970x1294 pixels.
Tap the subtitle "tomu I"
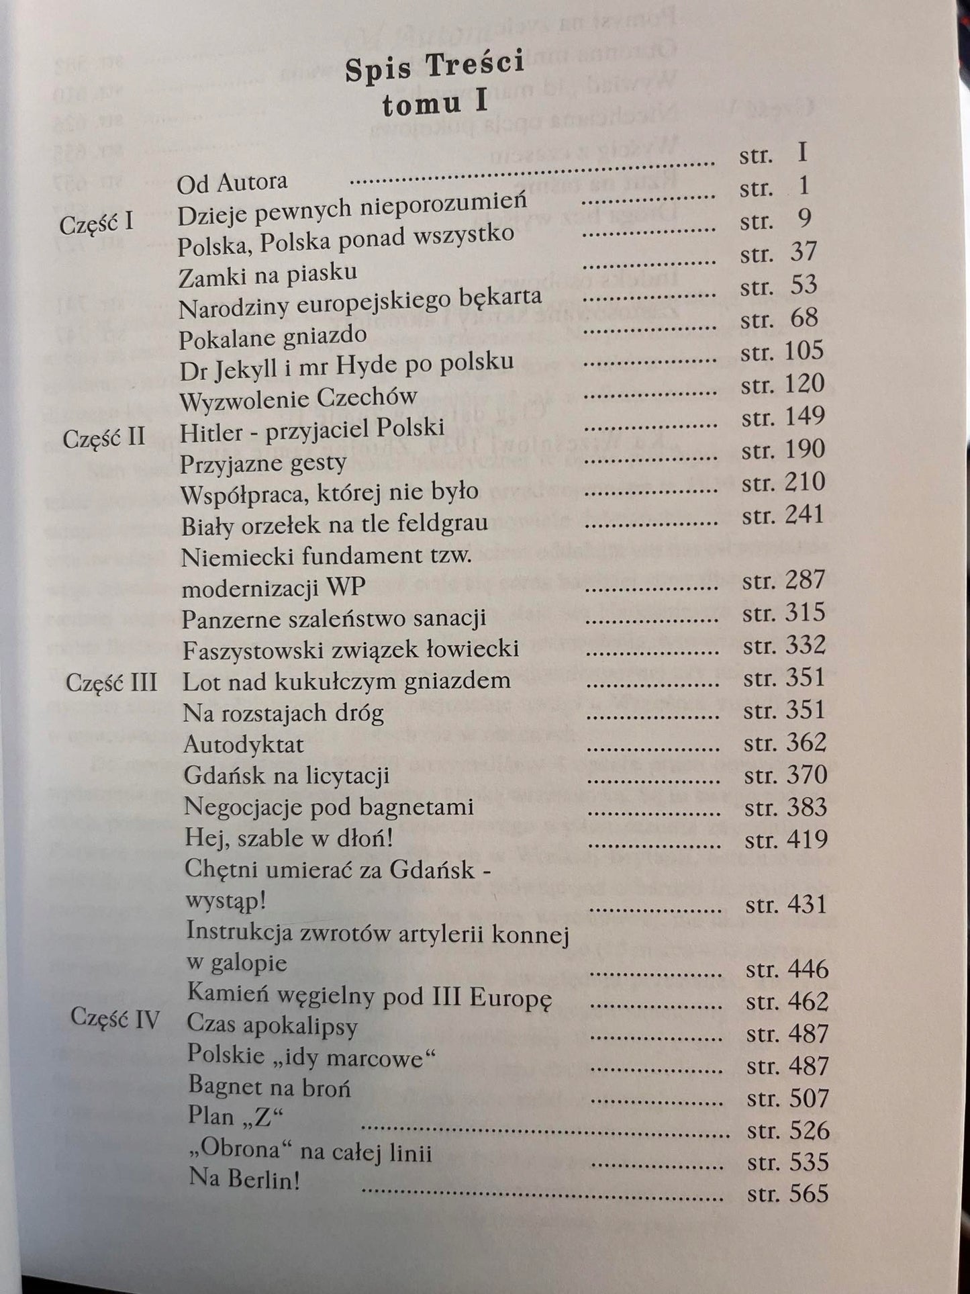(x=434, y=104)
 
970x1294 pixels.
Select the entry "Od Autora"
(x=232, y=182)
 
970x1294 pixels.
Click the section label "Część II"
(x=104, y=438)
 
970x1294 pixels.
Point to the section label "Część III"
(x=111, y=683)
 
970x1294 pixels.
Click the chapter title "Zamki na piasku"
(x=268, y=273)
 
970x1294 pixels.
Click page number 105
(x=803, y=351)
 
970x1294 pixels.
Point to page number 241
(x=804, y=514)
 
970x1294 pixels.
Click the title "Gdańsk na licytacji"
(x=287, y=776)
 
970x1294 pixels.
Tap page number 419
(x=808, y=839)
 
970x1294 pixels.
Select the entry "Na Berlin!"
(x=244, y=1180)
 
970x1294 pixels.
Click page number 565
(x=809, y=1193)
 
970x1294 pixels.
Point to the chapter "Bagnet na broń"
(x=269, y=1086)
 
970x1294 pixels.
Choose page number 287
(x=804, y=580)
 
